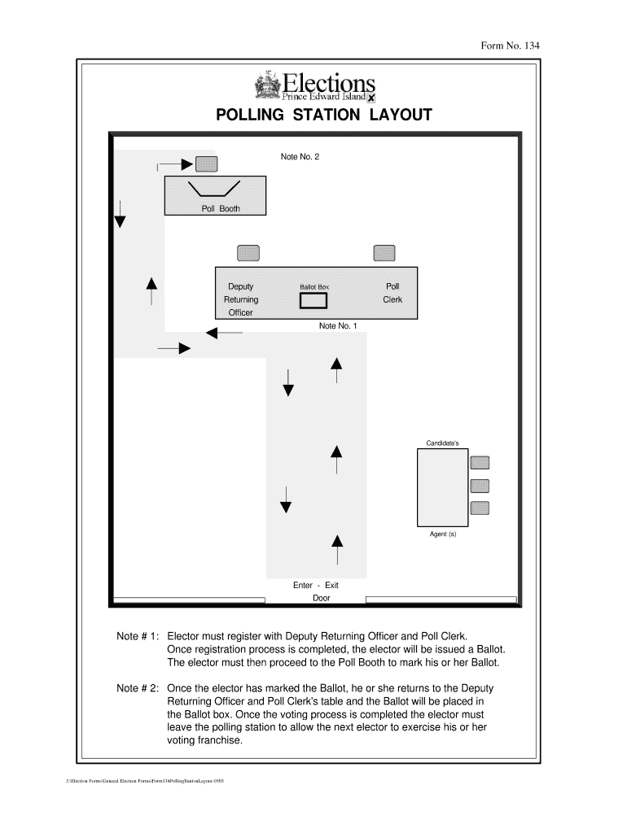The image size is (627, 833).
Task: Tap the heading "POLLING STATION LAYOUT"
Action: tap(323, 116)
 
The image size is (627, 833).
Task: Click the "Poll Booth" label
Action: tap(221, 209)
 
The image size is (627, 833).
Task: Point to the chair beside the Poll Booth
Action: tap(207, 164)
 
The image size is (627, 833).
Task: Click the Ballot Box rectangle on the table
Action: tap(313, 301)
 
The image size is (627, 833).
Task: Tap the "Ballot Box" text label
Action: tap(314, 287)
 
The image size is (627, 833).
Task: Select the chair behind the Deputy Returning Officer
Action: tap(248, 254)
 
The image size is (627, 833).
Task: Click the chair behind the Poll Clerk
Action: tap(384, 254)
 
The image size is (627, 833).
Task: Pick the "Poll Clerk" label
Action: tap(392, 293)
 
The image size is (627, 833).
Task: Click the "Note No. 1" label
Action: tap(338, 325)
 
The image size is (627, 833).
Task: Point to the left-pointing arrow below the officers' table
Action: tap(222, 333)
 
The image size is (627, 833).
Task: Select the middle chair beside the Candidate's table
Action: tap(480, 486)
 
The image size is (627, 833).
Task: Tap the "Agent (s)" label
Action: tap(443, 534)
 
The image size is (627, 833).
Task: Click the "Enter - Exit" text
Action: tap(316, 585)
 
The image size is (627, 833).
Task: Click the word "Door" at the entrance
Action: tap(322, 598)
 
